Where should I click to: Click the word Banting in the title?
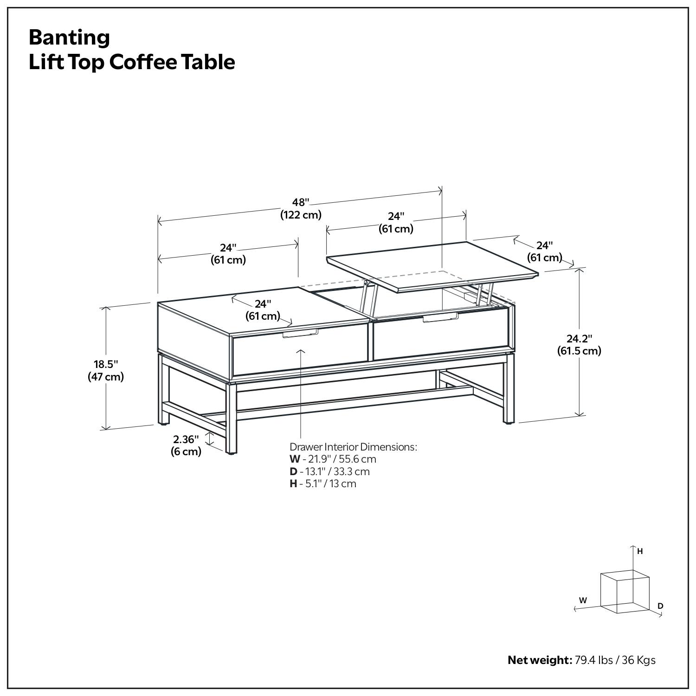click(69, 38)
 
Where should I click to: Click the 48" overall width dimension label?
click(300, 202)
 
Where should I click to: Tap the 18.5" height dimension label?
click(106, 364)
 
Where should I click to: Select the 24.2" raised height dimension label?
click(579, 338)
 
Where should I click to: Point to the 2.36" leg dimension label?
click(186, 439)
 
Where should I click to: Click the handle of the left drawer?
click(300, 333)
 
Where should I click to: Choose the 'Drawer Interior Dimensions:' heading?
click(353, 447)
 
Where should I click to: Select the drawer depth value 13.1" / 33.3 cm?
click(335, 471)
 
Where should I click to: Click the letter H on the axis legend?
click(640, 551)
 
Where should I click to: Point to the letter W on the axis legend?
click(583, 600)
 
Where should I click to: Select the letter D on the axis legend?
click(660, 606)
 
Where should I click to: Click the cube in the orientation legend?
click(625, 593)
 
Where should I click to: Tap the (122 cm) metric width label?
click(300, 215)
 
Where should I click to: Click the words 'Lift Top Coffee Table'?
click(132, 62)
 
